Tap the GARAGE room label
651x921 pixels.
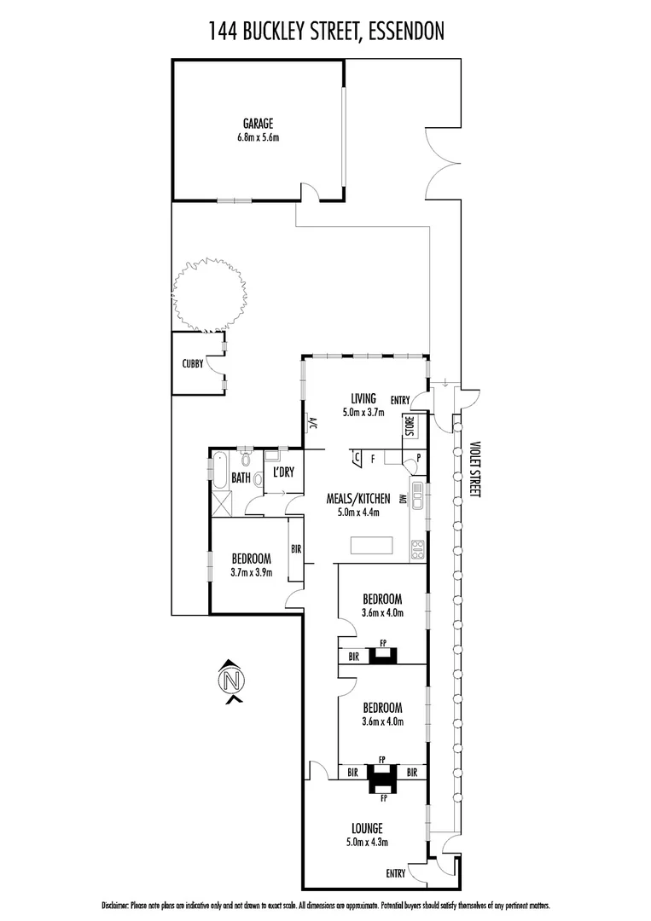coord(257,123)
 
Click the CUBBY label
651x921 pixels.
coord(192,363)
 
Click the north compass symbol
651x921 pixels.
coord(230,681)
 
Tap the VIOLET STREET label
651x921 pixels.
coord(475,470)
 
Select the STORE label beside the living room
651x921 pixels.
coord(410,426)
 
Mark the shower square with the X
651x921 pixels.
coord(221,501)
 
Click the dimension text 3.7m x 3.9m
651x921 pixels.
coord(251,572)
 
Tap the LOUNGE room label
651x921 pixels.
coord(366,828)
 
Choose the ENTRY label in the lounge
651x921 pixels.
coord(396,873)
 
